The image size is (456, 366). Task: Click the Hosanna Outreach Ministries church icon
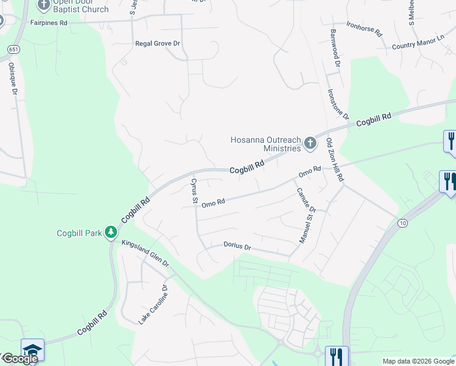(x=310, y=143)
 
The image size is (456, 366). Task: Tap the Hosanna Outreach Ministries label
(x=265, y=144)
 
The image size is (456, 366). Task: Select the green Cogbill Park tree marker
(x=110, y=232)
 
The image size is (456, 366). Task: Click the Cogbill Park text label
(x=79, y=233)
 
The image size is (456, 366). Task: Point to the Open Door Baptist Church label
(x=80, y=5)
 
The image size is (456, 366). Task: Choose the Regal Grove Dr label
(x=158, y=44)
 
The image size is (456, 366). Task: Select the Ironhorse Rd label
(x=363, y=28)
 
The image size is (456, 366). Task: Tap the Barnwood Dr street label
(x=334, y=48)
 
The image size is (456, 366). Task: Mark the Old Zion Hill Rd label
(x=335, y=160)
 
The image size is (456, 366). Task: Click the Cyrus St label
(x=194, y=191)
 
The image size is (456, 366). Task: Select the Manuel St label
(x=305, y=225)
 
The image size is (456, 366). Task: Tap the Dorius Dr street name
(x=237, y=246)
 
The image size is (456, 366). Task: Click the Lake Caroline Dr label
(x=153, y=304)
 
